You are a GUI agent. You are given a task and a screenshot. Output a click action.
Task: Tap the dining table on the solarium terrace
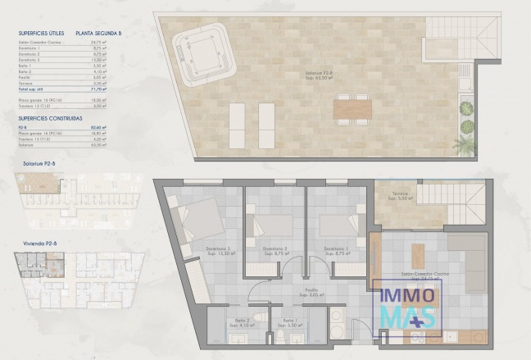pyautogui.click(x=352, y=107)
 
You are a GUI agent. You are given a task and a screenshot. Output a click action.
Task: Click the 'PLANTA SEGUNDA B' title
pyautogui.click(x=98, y=34)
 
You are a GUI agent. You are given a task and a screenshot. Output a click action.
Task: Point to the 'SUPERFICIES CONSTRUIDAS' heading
pyautogui.click(x=52, y=118)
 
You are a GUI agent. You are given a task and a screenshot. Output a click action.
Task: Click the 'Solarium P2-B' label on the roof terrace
pyautogui.click(x=316, y=73)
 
